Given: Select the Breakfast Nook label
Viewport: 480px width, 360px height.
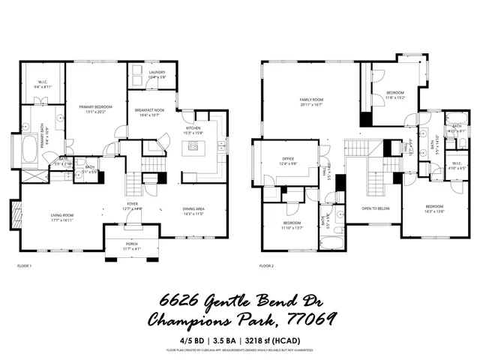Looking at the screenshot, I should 149,110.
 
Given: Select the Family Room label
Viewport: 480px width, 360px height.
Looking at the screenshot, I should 311,100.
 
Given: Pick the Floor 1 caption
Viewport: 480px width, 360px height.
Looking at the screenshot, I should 24,266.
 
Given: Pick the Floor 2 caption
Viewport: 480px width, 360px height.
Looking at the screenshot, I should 266,266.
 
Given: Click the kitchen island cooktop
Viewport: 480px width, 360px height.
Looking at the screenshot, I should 195,147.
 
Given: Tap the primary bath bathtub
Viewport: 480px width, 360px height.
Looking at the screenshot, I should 28,150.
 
